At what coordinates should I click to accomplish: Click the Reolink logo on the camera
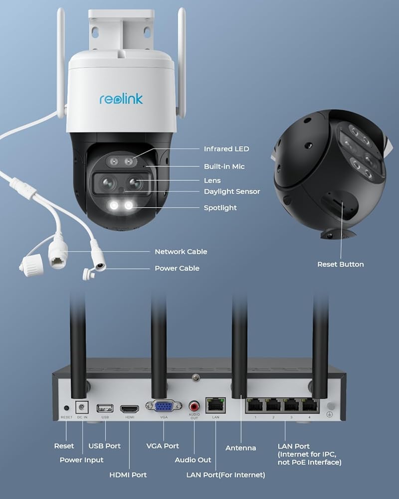click(x=121, y=98)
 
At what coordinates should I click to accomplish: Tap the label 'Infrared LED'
click(x=226, y=149)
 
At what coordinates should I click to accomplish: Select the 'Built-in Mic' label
click(x=224, y=166)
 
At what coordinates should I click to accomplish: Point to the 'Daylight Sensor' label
click(x=232, y=192)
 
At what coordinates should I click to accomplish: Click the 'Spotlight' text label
click(x=220, y=208)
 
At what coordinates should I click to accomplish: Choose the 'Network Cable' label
click(x=181, y=252)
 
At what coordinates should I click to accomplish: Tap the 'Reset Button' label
click(x=341, y=264)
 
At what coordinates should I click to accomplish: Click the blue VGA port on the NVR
click(x=164, y=406)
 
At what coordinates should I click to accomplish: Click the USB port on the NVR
click(x=105, y=407)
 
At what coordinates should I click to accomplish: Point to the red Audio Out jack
click(x=194, y=405)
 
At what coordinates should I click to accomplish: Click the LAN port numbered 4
click(x=310, y=406)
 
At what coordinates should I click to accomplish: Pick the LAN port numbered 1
click(x=255, y=406)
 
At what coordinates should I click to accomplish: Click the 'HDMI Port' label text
click(x=128, y=475)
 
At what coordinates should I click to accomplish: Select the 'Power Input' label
click(x=82, y=460)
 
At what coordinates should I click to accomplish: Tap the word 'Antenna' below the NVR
click(x=241, y=448)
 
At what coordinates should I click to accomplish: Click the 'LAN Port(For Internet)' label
click(x=226, y=475)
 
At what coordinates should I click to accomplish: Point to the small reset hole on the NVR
click(x=66, y=408)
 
